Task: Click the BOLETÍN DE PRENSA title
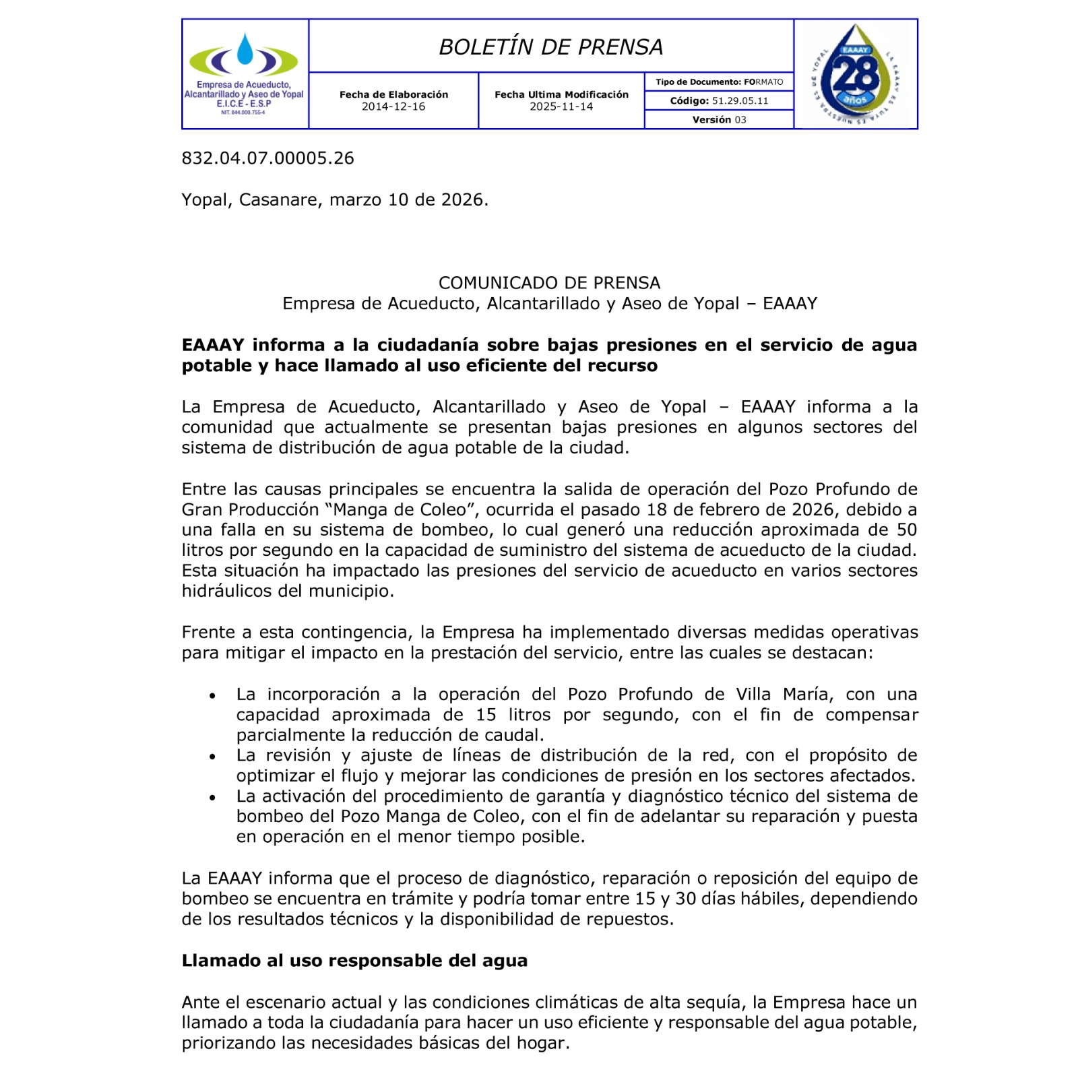point(550,46)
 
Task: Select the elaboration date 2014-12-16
point(393,106)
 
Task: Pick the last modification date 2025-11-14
point(561,106)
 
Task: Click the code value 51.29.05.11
point(740,101)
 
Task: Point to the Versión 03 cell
point(719,120)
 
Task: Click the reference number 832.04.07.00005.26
point(267,158)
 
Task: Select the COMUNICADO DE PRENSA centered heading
point(549,283)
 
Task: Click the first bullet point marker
point(213,695)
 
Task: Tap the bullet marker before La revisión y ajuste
point(213,757)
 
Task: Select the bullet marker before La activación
point(213,797)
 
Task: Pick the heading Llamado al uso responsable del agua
point(354,961)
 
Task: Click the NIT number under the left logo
point(243,113)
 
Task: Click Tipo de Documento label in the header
point(697,82)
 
